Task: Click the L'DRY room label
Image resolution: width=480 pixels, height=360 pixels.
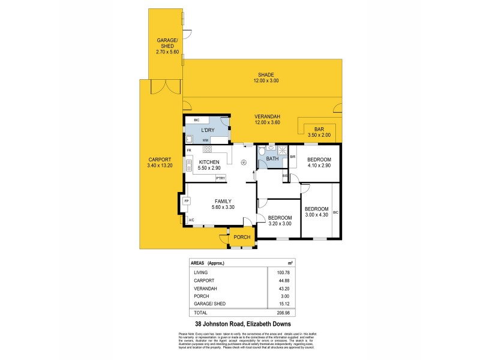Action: (207, 130)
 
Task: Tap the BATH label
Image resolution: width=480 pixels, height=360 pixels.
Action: (272, 159)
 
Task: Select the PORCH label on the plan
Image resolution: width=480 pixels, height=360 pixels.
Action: (242, 237)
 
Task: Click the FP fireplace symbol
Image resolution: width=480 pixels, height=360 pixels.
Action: (187, 201)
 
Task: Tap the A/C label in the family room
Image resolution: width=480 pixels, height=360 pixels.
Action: (191, 221)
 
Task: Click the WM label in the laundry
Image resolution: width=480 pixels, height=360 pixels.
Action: (205, 140)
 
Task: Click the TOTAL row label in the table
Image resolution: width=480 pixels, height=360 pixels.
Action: (200, 313)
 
